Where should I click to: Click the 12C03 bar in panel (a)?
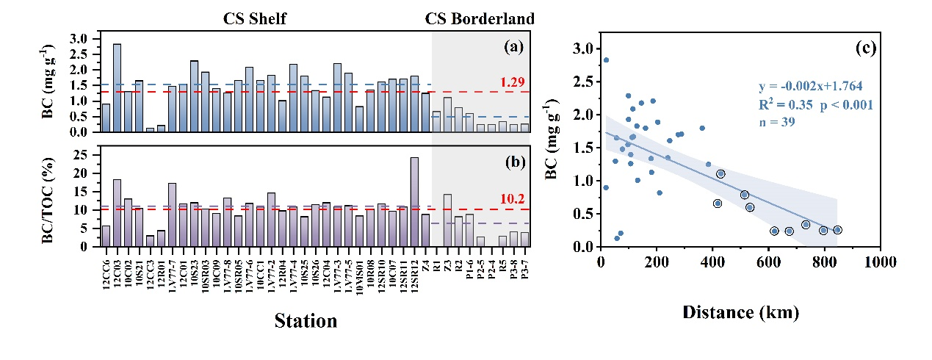click(117, 88)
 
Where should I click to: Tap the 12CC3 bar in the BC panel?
click(150, 130)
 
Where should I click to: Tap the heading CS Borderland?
click(480, 19)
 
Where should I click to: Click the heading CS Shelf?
click(255, 19)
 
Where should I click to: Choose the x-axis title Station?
click(306, 321)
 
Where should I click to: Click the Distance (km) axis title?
click(740, 312)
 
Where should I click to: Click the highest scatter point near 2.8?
click(606, 60)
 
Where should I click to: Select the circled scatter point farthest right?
click(837, 230)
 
